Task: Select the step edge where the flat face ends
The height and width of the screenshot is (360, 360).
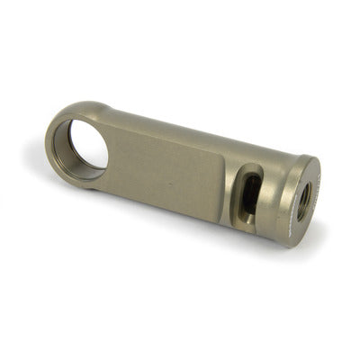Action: coord(222,184)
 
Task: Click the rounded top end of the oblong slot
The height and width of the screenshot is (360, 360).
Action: coord(253,172)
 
